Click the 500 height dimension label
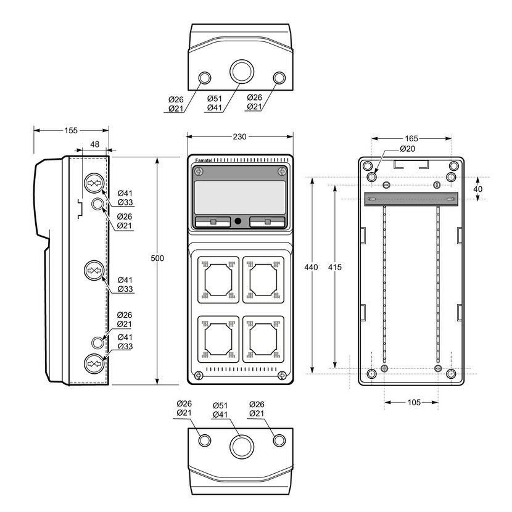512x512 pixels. (x=157, y=258)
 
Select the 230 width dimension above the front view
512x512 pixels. (x=239, y=137)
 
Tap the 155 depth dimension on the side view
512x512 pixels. (x=71, y=131)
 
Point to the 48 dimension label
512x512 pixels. (x=95, y=144)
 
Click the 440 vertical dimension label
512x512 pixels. (x=311, y=267)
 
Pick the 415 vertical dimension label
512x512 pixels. (x=335, y=267)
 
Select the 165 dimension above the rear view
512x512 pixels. (x=411, y=138)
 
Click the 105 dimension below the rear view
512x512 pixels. (x=414, y=402)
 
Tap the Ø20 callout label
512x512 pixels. (x=408, y=149)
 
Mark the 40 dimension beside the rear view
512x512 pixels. (x=477, y=189)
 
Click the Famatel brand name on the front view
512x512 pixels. (x=204, y=160)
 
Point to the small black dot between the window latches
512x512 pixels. (x=238, y=221)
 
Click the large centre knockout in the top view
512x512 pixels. (x=242, y=71)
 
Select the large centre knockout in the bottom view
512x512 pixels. (x=242, y=447)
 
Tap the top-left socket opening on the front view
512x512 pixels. (x=218, y=280)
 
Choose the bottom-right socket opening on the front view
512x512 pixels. (x=263, y=339)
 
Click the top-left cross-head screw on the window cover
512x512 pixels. (x=199, y=171)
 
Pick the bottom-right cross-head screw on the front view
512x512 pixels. (x=282, y=376)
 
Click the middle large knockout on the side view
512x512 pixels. (x=94, y=270)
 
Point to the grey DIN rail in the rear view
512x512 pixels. (x=411, y=199)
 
